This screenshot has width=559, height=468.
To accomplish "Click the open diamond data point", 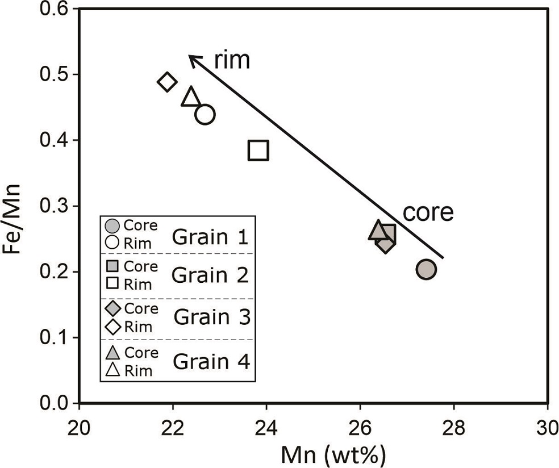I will [x=166, y=82].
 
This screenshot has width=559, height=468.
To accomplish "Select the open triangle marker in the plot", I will [x=191, y=98].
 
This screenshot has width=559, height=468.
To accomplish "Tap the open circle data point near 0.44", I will [x=205, y=115].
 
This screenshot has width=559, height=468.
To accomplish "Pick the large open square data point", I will [x=258, y=151].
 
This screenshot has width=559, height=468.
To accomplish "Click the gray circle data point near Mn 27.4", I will [x=425, y=269].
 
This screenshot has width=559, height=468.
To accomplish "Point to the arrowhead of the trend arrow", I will [x=191, y=57].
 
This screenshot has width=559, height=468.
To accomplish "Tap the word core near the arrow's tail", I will [x=428, y=212].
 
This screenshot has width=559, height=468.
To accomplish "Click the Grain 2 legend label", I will [x=210, y=275].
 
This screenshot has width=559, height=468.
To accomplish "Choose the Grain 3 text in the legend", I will [x=212, y=316].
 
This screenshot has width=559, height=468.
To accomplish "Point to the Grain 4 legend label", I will [x=212, y=361].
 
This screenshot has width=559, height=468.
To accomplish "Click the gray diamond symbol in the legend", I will [x=112, y=308].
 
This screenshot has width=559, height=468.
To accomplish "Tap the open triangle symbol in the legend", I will [x=112, y=370].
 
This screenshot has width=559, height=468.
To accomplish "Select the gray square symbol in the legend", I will [x=112, y=266].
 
